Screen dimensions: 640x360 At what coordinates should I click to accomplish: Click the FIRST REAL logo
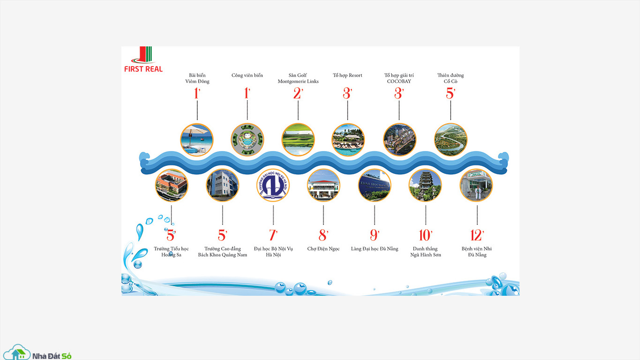coord(143,59)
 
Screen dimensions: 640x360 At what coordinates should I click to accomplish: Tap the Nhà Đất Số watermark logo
coord(37,352)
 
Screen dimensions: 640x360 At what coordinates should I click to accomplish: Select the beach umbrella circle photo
coord(197,140)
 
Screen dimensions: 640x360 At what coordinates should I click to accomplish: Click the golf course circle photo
coord(298,140)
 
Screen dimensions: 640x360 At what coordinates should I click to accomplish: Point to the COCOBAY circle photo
coord(400,140)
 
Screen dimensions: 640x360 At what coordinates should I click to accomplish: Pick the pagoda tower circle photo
coord(425,185)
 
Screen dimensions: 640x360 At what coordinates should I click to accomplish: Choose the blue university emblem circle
coord(273,185)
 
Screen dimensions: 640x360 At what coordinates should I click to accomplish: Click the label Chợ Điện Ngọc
coord(323,249)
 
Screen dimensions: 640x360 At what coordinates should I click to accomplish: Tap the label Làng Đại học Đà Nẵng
coord(374,249)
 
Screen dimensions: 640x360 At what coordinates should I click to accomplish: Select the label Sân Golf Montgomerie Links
coord(298,78)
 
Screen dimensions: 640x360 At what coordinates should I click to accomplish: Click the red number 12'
coord(477,235)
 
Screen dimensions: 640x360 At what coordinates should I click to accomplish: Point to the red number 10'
coord(425,235)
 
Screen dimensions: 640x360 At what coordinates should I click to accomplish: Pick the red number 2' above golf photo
coord(298,93)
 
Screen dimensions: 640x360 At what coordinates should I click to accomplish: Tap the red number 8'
coord(323,235)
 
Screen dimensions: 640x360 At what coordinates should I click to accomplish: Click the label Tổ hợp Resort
coord(348,75)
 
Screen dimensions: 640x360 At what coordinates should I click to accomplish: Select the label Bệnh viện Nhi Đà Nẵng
coord(477,252)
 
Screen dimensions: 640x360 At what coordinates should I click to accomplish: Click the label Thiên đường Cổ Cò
coord(451,78)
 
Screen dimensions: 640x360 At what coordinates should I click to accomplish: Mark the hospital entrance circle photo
coord(476,185)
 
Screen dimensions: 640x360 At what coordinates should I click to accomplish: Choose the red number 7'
coord(273,235)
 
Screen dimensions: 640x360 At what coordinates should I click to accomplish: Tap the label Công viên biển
coord(247,75)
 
